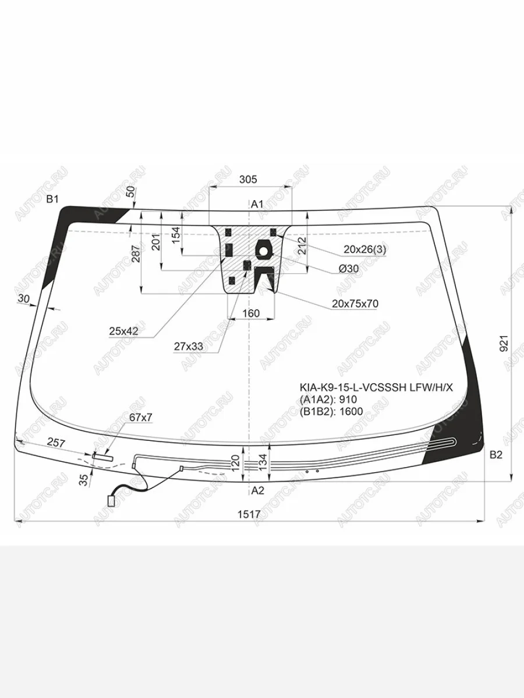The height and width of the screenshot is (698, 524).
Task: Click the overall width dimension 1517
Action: point(249,514)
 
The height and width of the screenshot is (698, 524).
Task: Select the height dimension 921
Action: point(504,344)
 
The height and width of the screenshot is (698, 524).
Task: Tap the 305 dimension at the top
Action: point(248,180)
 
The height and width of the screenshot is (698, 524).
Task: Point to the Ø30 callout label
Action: point(349,269)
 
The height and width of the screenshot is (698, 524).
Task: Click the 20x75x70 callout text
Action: point(355,304)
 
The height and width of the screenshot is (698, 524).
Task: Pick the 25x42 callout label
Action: point(124,332)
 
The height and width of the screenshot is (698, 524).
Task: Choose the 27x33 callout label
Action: point(188,346)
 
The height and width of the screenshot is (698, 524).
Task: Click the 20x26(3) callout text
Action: point(364,250)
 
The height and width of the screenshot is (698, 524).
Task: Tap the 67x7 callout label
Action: point(141,418)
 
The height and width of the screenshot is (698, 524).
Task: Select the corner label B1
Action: point(52,200)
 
